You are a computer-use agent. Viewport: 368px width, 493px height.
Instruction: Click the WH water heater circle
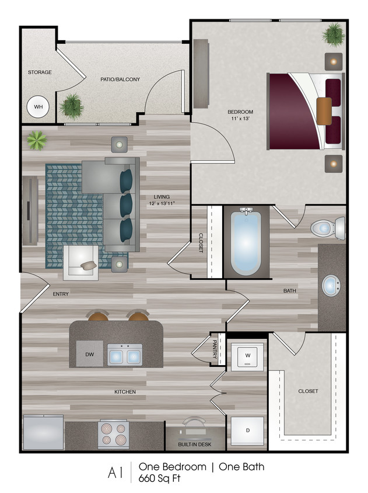point(38,107)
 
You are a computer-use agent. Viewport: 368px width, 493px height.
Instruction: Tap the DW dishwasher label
point(89,354)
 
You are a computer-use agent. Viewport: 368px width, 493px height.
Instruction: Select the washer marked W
point(247,355)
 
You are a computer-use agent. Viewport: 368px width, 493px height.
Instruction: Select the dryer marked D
point(247,430)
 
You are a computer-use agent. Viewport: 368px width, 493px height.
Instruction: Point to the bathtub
point(246,242)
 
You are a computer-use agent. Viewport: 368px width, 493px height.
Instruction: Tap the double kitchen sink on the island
point(124,354)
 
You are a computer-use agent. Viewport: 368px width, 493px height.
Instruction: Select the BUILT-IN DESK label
point(195,445)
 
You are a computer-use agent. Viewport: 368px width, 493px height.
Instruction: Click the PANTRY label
point(215,349)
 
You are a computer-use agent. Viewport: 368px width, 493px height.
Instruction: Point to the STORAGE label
point(40,72)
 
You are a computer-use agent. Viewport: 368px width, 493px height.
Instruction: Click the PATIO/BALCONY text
point(120,79)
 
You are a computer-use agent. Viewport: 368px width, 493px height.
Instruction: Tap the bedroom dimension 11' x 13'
point(239,118)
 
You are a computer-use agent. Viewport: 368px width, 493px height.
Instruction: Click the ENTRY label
point(61,294)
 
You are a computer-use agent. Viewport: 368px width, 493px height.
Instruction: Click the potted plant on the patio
point(71,106)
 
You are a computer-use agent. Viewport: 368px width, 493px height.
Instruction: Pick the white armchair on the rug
point(80,263)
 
